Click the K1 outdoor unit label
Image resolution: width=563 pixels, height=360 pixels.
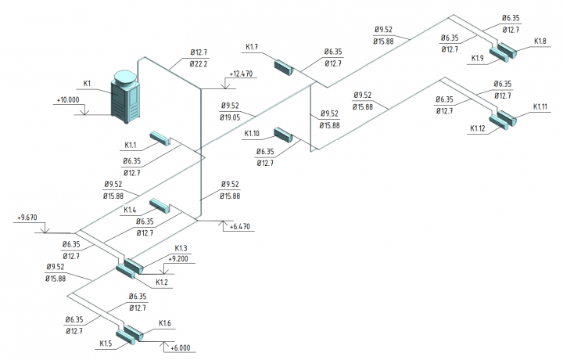pyautogui.click(x=87, y=84)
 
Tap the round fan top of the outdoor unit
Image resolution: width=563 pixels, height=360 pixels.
pyautogui.click(x=125, y=77)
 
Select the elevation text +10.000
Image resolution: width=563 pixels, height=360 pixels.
pyautogui.click(x=68, y=100)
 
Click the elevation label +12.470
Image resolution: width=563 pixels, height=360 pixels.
pyautogui.click(x=241, y=74)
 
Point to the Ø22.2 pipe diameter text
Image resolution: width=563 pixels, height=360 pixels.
pyautogui.click(x=199, y=64)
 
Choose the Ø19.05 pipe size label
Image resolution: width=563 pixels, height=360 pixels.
pyautogui.click(x=230, y=117)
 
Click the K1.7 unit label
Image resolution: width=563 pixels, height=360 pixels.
pyautogui.click(x=252, y=47)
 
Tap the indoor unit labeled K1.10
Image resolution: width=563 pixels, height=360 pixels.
pyautogui.click(x=284, y=135)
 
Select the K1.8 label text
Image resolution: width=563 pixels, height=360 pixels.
pyautogui.click(x=540, y=41)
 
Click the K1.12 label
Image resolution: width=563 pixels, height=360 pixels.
pyautogui.click(x=478, y=128)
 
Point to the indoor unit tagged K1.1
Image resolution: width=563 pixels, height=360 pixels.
pyautogui.click(x=160, y=139)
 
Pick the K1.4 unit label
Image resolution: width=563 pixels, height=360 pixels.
pyautogui.click(x=130, y=210)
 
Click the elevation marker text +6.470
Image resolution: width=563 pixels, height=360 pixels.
pyautogui.click(x=240, y=227)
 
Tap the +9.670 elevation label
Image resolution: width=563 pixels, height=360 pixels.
pyautogui.click(x=27, y=218)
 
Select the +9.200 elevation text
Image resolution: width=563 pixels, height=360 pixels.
pyautogui.click(x=178, y=259)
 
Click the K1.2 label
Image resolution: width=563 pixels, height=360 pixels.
pyautogui.click(x=162, y=283)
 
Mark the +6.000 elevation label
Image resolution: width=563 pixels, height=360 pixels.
pyautogui.click(x=181, y=347)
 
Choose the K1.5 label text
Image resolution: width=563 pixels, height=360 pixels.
pyautogui.click(x=106, y=344)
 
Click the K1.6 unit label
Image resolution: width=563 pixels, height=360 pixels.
pyautogui.click(x=165, y=323)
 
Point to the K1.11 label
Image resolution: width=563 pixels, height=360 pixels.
pyautogui.click(x=540, y=106)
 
